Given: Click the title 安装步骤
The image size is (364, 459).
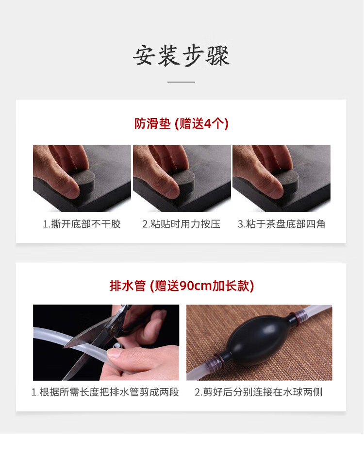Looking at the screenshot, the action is (182, 55).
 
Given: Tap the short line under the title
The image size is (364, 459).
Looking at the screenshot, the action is (181, 82).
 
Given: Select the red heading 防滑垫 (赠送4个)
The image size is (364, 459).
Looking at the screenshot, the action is (182, 123).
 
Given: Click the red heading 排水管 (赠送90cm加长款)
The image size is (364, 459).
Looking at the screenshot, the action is (182, 286).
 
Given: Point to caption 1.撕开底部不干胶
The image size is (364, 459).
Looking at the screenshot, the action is (82, 224).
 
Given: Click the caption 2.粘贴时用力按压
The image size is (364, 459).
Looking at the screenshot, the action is (181, 224).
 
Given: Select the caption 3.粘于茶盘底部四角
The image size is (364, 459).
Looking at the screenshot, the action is (281, 224).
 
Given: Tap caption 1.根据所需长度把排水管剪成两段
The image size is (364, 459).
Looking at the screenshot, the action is (105, 392).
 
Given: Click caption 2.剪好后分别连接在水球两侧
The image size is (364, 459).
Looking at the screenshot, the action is (259, 392).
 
